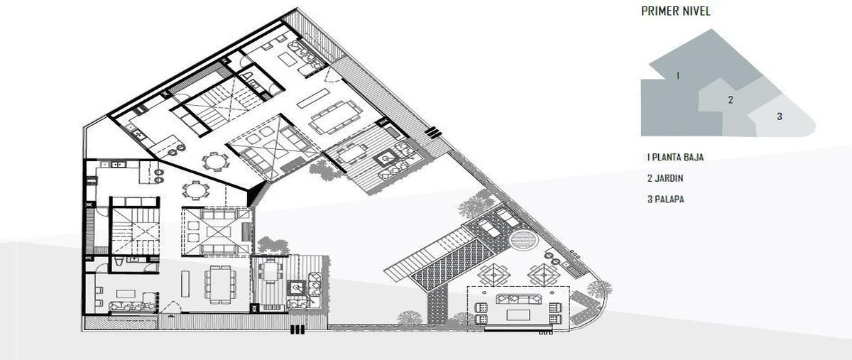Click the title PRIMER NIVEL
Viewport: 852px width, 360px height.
coord(675,11)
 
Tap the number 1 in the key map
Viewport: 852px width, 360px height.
coord(678,76)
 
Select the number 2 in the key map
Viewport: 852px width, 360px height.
coord(731,100)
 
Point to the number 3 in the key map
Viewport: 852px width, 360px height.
coord(780,116)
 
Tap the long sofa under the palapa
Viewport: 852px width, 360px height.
coord(518,299)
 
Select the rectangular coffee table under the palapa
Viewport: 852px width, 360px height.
coord(518,315)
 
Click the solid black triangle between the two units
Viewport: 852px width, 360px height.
coord(256,194)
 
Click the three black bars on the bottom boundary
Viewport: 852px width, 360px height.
coord(297,329)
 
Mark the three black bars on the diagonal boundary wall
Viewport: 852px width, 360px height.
coord(433,133)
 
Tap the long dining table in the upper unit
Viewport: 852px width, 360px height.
coord(335,117)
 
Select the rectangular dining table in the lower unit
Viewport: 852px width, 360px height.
coord(220,284)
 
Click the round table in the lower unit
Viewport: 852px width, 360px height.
coord(195,190)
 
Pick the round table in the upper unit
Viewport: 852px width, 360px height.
coord(215,162)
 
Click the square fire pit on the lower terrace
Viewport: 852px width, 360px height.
coord(295,288)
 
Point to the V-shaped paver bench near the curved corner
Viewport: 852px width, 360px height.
coord(584,306)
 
